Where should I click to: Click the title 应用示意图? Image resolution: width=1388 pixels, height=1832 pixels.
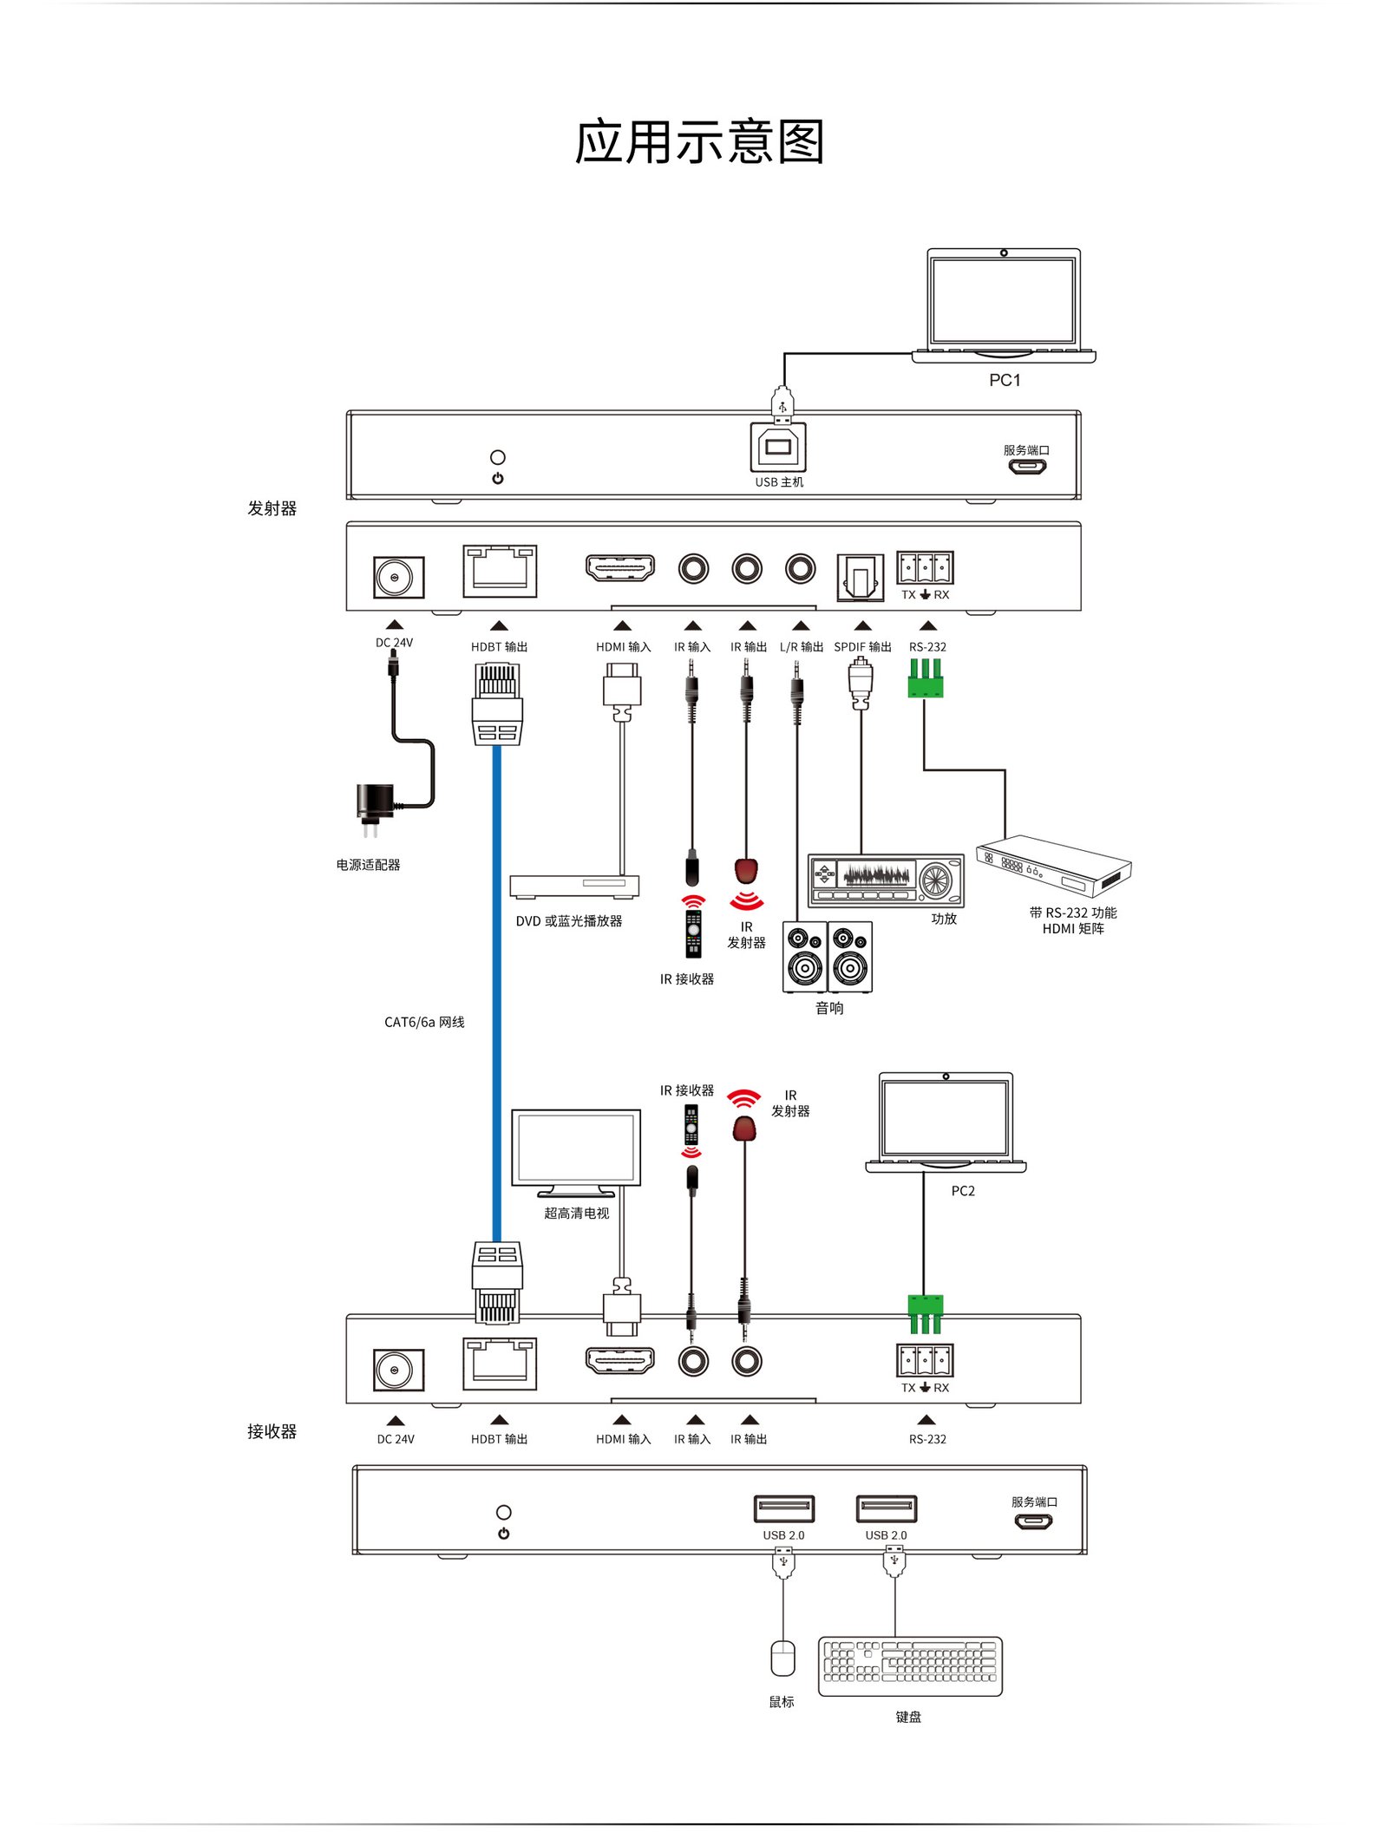[698, 142]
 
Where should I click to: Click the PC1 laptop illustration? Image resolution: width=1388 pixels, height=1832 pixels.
[1003, 304]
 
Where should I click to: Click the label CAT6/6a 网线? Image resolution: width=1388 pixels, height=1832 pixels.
[424, 1022]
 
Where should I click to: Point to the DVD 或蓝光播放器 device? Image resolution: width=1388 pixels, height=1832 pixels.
[574, 886]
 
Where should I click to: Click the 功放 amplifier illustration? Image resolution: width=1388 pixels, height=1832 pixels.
[885, 880]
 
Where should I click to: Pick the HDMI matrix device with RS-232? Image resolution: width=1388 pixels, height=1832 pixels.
[1053, 866]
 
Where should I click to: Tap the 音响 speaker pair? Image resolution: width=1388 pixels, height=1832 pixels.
[827, 957]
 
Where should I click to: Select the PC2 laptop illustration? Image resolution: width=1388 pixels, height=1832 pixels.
[945, 1122]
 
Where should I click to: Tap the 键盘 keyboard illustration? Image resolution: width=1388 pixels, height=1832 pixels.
[909, 1665]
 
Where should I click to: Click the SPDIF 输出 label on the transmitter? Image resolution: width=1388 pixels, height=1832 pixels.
[862, 647]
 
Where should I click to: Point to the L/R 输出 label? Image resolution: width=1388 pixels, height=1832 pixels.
[801, 647]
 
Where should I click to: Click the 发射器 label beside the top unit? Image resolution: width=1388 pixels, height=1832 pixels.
[272, 508]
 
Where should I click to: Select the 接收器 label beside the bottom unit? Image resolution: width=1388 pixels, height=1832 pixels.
[272, 1431]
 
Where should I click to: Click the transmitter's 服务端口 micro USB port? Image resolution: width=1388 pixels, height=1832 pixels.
[1026, 467]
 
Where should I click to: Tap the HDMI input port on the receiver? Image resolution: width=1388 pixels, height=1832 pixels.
[620, 1361]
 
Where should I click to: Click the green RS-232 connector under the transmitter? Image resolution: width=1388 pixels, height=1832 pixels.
[925, 678]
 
